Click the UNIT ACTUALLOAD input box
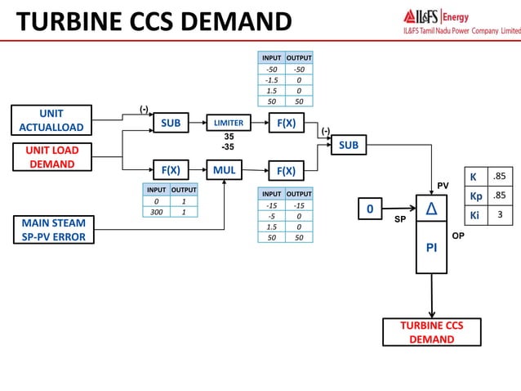51,119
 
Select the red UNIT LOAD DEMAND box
51,157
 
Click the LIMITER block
229,123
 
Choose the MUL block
225,170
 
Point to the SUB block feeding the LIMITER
171,123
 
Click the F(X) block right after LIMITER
286,123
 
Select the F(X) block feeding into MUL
171,170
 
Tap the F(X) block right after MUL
286,170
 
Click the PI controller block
432,246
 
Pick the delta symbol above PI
431,209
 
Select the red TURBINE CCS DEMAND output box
432,332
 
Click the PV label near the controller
444,187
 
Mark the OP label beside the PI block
457,234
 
